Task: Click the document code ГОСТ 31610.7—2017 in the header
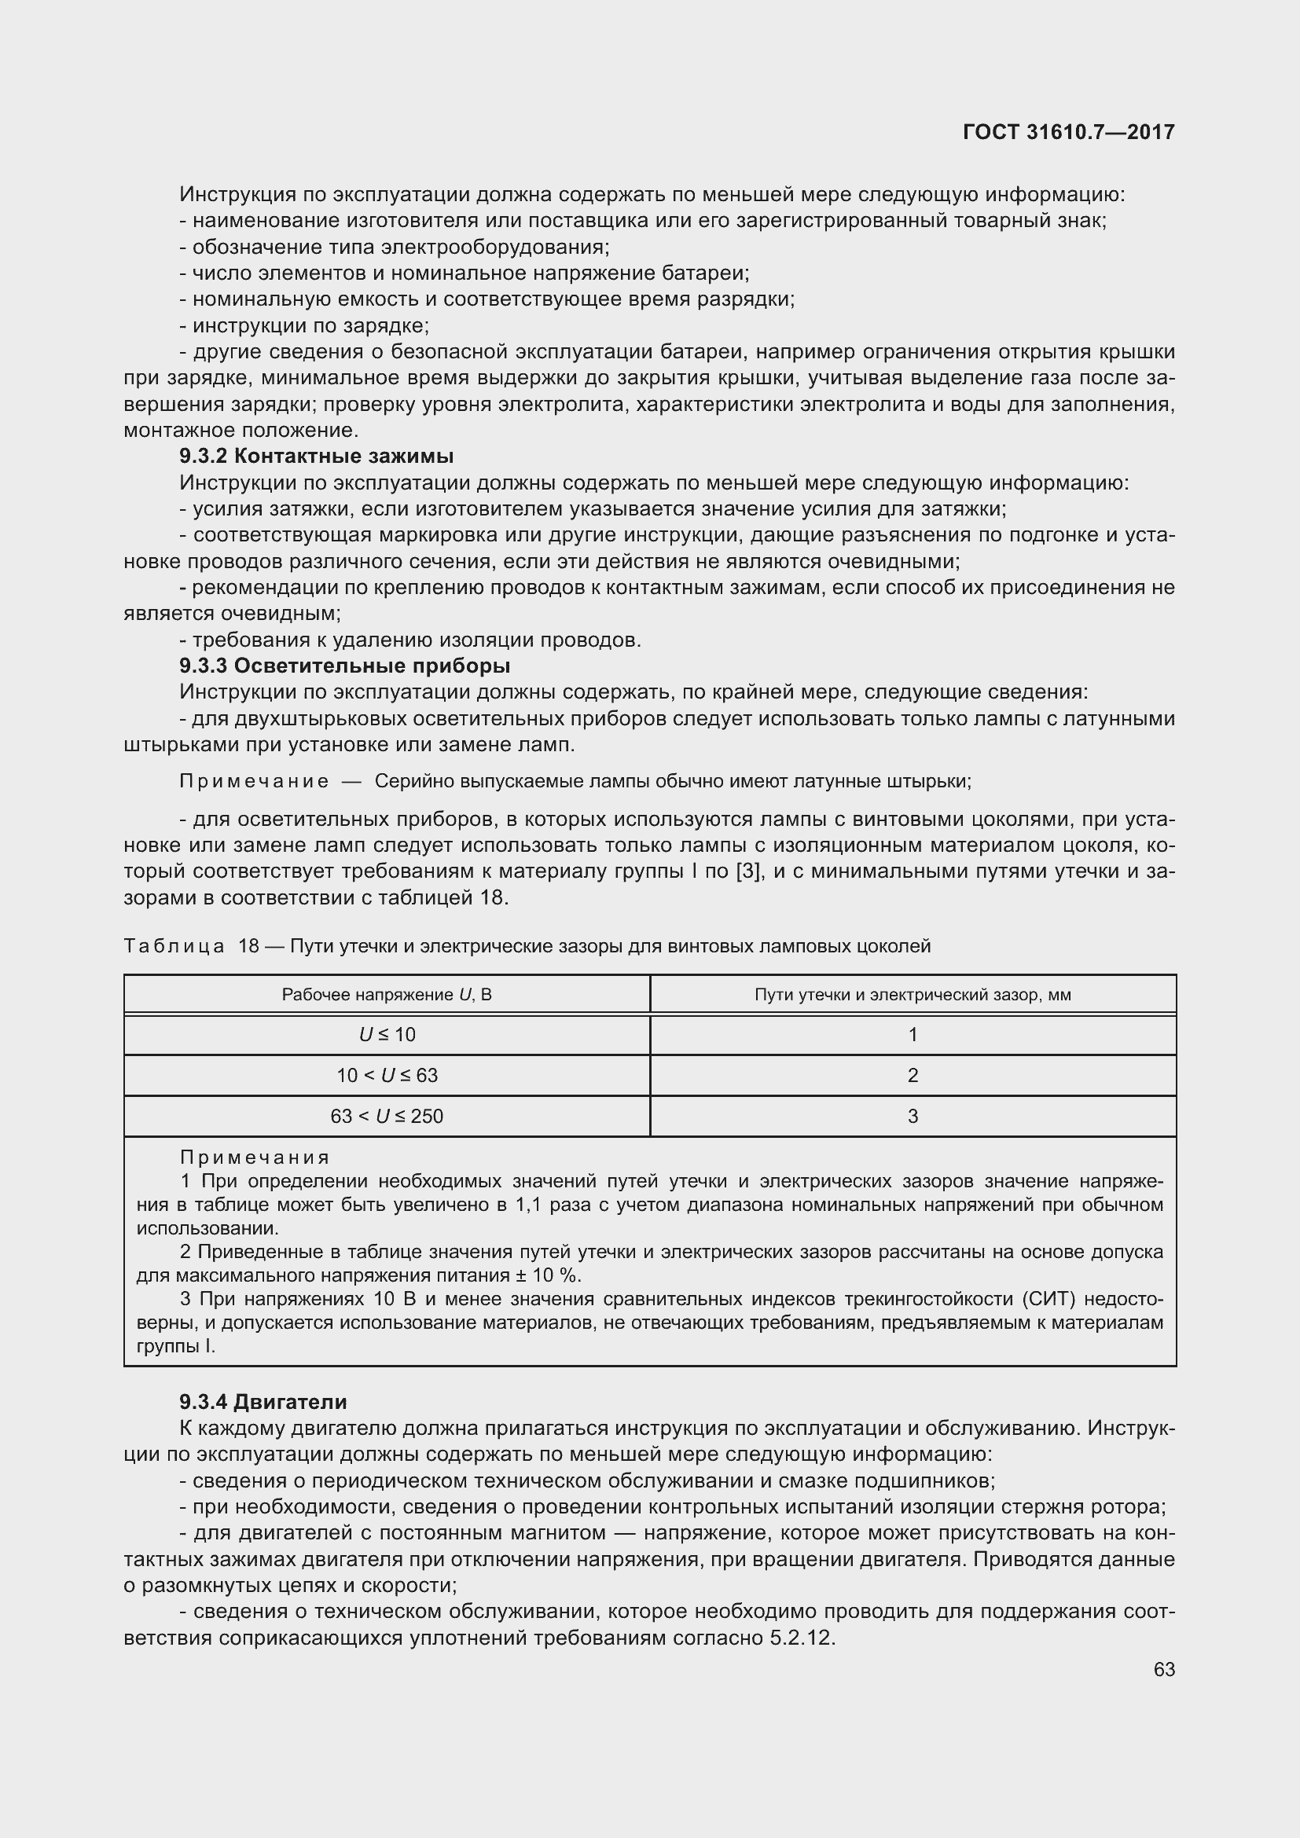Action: pos(1069,132)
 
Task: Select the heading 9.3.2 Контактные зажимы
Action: pos(316,457)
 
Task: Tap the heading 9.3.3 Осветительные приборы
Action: pos(344,666)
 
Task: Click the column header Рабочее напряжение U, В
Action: pos(387,995)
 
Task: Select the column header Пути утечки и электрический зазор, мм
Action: pos(913,995)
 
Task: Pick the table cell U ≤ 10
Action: pos(387,1035)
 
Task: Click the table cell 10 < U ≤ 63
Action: pos(387,1076)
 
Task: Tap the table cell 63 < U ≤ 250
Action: pos(387,1117)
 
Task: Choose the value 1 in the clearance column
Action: pos(913,1035)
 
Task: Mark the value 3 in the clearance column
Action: pos(913,1117)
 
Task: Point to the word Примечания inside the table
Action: pos(255,1157)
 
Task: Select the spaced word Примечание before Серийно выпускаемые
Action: pos(254,781)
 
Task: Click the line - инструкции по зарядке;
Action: pos(304,326)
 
